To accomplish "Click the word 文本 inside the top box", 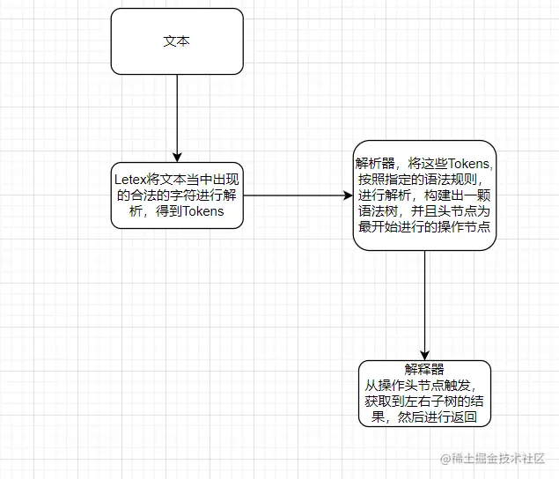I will pos(177,41).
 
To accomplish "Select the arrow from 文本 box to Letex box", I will pos(177,114).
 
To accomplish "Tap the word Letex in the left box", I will pos(131,179).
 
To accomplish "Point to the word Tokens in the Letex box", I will pos(203,211).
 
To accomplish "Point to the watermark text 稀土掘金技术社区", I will pos(492,459).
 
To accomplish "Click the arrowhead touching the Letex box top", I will pos(177,156).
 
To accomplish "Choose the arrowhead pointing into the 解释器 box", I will pos(424,354).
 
